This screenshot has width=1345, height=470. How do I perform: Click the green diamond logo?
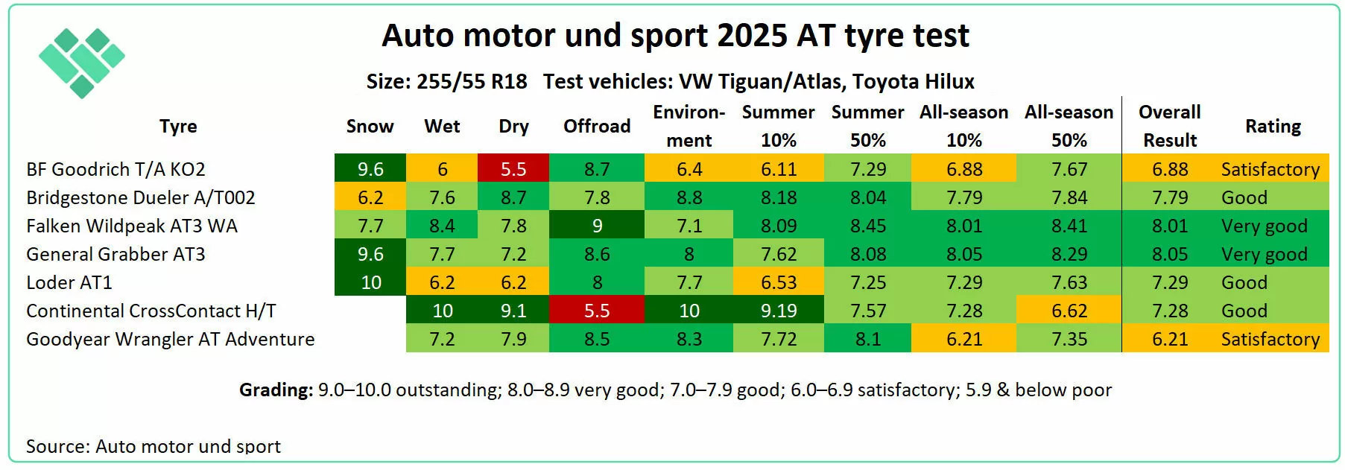click(x=81, y=63)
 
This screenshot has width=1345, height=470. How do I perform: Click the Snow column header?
click(x=370, y=127)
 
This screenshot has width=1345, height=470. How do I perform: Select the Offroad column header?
click(x=597, y=127)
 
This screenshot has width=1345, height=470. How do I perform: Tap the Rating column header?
click(x=1273, y=127)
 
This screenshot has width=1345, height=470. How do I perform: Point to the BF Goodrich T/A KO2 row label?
click(x=115, y=170)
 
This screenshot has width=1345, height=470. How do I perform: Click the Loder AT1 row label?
click(x=69, y=283)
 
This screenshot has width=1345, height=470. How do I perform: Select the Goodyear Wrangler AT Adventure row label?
click(x=170, y=340)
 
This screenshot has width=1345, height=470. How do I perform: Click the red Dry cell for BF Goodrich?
click(x=513, y=170)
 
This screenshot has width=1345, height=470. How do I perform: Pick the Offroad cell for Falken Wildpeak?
click(x=597, y=226)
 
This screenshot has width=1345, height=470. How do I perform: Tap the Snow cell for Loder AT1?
click(x=370, y=283)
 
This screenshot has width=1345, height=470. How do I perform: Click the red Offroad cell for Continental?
click(x=597, y=311)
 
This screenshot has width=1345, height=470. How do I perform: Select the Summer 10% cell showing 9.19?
click(x=779, y=311)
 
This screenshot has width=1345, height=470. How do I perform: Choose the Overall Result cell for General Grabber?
click(x=1170, y=255)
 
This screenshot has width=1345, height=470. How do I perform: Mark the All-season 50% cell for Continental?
click(x=1069, y=311)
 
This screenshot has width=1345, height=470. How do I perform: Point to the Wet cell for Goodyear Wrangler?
click(x=442, y=340)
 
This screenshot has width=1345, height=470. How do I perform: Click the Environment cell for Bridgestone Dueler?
click(x=689, y=198)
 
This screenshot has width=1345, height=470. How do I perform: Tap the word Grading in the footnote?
click(x=276, y=390)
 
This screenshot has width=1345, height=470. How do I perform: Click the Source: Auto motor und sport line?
click(x=154, y=446)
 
